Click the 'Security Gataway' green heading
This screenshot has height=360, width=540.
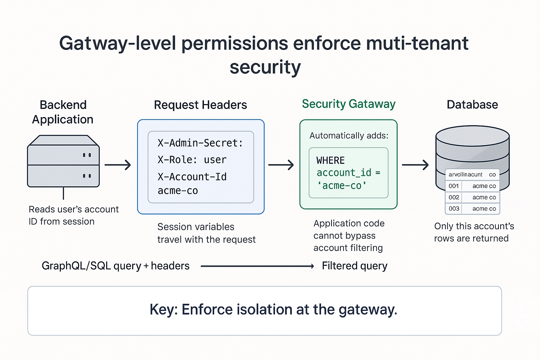point(348,104)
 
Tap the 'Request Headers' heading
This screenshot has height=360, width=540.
point(200,105)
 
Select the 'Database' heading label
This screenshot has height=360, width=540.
point(472,104)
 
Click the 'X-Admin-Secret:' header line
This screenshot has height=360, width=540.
point(200,143)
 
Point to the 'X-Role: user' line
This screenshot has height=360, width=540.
point(192,160)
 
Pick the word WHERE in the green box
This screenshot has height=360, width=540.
point(330,161)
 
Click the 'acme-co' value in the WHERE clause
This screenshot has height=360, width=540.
point(342,186)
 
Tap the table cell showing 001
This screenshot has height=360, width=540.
point(454,186)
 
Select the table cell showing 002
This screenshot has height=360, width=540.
point(454,197)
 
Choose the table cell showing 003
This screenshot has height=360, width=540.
point(454,208)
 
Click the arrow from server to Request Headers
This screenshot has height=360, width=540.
point(118,165)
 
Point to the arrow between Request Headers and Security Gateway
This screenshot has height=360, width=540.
point(281,165)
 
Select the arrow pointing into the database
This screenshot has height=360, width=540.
point(415,165)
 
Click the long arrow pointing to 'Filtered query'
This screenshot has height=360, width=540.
point(257,266)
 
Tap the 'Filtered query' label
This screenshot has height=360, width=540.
point(354,266)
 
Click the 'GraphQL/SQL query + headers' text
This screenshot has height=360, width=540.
point(115,266)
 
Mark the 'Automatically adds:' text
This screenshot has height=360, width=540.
point(349,136)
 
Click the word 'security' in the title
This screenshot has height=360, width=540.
point(265,67)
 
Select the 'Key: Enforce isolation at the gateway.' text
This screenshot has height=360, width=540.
point(273,310)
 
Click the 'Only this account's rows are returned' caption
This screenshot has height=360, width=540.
point(474,232)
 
